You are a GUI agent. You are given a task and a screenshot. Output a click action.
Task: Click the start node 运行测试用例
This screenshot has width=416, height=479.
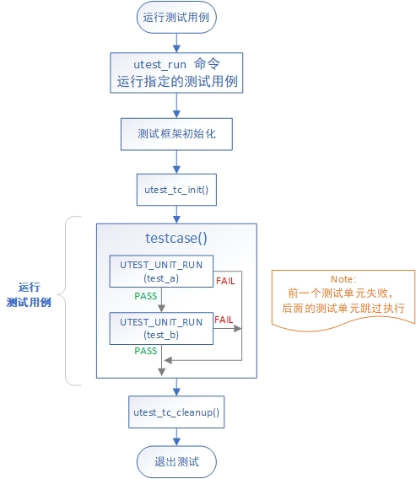tap(176, 18)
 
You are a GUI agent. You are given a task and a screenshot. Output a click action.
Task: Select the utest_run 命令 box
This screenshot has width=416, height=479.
tap(176, 73)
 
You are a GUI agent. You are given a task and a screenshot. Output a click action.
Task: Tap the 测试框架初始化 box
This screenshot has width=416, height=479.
tap(176, 133)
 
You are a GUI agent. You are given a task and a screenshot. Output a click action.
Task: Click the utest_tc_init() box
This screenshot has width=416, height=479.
tap(176, 191)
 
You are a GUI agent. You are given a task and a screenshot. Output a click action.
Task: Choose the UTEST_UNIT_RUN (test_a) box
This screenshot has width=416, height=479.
tap(161, 270)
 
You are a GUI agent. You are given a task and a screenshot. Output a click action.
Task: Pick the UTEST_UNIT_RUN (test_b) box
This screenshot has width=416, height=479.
tap(161, 328)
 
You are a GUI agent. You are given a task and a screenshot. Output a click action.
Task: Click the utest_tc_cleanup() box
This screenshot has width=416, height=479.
tap(176, 412)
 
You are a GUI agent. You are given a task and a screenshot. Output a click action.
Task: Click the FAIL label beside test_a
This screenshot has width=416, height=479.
tap(225, 280)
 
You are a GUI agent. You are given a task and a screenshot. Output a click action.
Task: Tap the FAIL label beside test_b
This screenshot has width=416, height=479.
tap(224, 320)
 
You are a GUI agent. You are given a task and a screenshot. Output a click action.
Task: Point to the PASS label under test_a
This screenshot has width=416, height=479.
tap(145, 296)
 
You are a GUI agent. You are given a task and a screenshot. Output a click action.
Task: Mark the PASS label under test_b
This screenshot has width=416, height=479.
tap(145, 351)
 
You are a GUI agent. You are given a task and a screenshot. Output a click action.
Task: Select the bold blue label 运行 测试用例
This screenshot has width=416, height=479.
tap(29, 293)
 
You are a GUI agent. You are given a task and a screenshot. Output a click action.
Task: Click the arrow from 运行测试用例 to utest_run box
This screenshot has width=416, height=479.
tap(176, 43)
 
